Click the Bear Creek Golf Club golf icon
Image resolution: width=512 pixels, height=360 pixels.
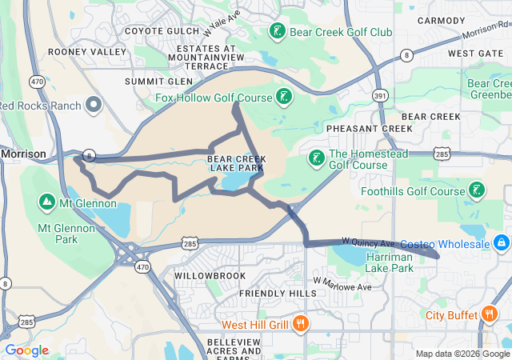tap(277, 32)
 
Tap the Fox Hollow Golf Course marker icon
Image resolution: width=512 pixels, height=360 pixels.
tap(282, 98)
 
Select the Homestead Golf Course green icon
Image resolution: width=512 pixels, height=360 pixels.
tap(317, 158)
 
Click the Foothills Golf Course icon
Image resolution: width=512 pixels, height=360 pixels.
tap(477, 190)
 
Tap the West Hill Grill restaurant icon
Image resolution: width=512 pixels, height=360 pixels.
tap(301, 324)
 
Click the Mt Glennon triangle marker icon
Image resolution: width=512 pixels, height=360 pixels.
tap(46, 202)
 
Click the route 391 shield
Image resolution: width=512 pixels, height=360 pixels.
tap(380, 94)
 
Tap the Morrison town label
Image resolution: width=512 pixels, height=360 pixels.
tap(23, 153)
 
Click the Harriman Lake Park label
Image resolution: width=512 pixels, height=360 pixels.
tap(390, 262)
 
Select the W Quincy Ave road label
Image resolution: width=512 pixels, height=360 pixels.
tap(368, 242)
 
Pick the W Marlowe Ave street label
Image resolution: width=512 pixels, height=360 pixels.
tap(344, 285)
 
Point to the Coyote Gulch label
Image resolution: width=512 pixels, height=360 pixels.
tap(159, 32)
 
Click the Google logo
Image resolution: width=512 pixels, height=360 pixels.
tap(27, 350)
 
